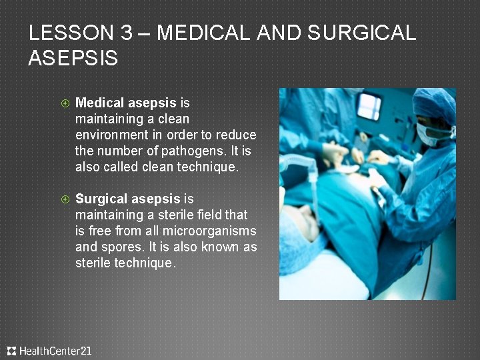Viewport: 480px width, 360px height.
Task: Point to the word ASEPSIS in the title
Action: pyautogui.click(x=73, y=58)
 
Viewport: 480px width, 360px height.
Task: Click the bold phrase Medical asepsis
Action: pyautogui.click(x=126, y=103)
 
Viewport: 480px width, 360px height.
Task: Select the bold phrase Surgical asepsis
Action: pyautogui.click(x=128, y=199)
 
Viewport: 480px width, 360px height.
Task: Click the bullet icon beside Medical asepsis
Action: pyautogui.click(x=65, y=103)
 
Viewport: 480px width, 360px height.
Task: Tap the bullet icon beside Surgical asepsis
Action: pyautogui.click(x=65, y=199)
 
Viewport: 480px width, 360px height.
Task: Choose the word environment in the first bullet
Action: pyautogui.click(x=111, y=135)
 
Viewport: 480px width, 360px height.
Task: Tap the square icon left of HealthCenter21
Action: pyautogui.click(x=11, y=351)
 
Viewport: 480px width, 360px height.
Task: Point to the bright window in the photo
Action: pyautogui.click(x=369, y=106)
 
